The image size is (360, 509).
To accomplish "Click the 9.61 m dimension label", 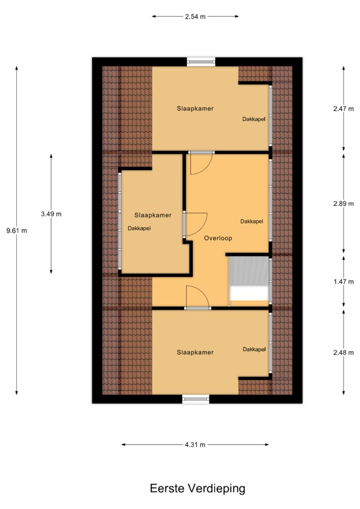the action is (x=16, y=231).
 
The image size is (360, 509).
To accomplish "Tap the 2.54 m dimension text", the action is (x=195, y=16).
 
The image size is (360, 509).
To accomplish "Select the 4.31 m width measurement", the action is (x=195, y=445).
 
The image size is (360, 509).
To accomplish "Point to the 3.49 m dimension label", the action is (x=51, y=214).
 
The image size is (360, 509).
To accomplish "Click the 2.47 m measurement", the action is (x=344, y=109).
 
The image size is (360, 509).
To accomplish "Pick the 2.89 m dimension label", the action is (x=344, y=204).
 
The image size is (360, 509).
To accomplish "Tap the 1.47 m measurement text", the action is (x=344, y=282).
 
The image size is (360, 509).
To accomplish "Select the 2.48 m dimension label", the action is (x=344, y=352).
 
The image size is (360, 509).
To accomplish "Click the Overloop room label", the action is (x=218, y=238).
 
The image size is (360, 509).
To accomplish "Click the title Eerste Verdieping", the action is (x=197, y=488).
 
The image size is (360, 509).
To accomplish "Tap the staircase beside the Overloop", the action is (x=249, y=278).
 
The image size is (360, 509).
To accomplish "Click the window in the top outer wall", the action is (x=201, y=62).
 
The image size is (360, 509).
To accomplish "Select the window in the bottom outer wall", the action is (x=195, y=399).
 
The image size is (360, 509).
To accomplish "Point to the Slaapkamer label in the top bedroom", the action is (x=195, y=109).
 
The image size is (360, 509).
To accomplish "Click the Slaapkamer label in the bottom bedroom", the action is (x=195, y=352).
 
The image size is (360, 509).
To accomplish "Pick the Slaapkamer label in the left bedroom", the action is (x=153, y=215).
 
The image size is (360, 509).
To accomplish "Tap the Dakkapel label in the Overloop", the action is (x=252, y=221).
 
